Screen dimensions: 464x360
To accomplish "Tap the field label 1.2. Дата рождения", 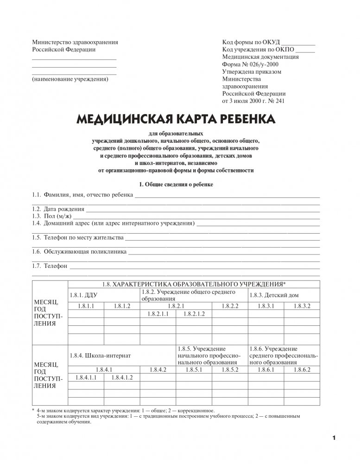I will point(58,209).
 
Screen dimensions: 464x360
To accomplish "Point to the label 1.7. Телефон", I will point(50,267).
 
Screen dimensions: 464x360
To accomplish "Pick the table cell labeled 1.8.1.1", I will point(86,306).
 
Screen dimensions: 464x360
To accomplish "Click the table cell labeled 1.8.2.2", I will point(230,306).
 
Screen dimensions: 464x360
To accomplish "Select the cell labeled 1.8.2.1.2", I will point(194,314).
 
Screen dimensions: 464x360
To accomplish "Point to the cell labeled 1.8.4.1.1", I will point(86,378).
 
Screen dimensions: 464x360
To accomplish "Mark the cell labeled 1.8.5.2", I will point(230,370).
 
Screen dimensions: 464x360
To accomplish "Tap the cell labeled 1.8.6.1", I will point(265,370).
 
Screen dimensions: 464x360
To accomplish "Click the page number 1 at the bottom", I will point(334,437).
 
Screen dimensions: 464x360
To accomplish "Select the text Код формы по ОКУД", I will point(251,42).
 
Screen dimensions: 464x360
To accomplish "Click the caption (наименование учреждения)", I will point(70,79).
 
